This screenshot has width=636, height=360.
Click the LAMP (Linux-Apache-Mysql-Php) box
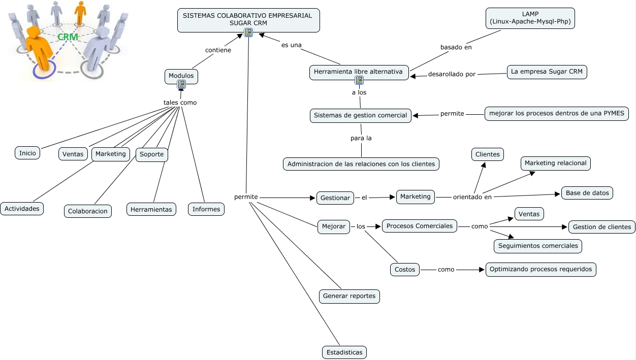click(x=530, y=18)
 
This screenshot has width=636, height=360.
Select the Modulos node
click(x=181, y=76)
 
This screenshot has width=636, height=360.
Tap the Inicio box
click(x=27, y=153)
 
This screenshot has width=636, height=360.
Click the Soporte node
click(x=151, y=154)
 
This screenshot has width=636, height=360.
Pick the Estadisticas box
click(x=344, y=352)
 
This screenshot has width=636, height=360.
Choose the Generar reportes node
click(x=349, y=296)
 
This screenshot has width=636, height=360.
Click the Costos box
click(x=405, y=270)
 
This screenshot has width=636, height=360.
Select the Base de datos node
click(x=587, y=193)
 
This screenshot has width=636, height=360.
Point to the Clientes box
click(x=487, y=154)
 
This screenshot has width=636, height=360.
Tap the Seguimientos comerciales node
click(x=538, y=246)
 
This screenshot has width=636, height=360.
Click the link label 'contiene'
click(x=218, y=50)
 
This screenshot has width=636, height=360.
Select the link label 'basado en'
click(x=456, y=47)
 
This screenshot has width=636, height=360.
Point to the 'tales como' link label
click(x=180, y=103)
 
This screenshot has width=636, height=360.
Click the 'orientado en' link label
click(x=472, y=197)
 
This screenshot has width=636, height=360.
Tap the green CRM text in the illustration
click(x=68, y=37)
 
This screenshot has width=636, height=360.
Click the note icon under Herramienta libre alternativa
click(x=359, y=80)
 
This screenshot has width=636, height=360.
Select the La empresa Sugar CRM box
click(x=547, y=72)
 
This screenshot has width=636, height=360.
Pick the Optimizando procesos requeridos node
click(x=540, y=269)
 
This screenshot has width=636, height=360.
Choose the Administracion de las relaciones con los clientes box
click(x=361, y=164)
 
